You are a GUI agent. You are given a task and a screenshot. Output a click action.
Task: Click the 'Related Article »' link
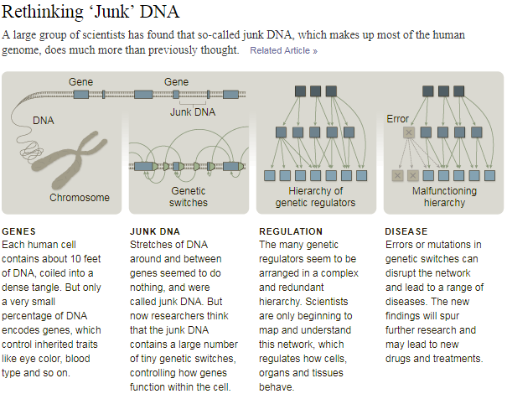[283, 51]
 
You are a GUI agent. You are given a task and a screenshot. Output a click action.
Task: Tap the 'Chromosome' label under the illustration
[80, 198]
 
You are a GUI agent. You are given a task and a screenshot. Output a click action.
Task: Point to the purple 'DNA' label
[44, 121]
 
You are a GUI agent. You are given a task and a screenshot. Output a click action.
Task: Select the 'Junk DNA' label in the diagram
[192, 111]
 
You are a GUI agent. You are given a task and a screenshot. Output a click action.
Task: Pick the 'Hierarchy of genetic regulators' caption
[315, 197]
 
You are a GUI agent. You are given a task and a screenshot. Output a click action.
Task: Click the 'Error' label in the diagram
[398, 119]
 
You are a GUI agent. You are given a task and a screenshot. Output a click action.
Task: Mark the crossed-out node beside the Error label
[409, 132]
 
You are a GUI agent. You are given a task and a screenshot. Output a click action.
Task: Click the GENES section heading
[19, 231]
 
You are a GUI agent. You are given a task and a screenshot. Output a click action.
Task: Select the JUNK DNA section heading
[155, 231]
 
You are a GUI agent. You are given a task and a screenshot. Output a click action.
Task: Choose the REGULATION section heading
[291, 231]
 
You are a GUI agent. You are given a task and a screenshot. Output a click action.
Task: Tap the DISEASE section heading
[406, 231]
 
